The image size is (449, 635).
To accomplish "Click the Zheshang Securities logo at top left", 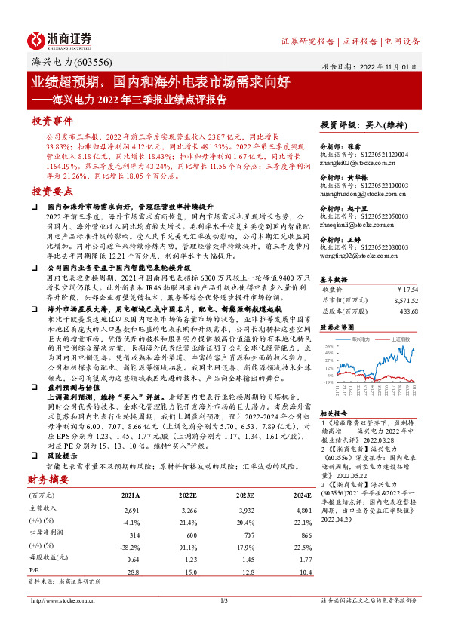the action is pos(60,40).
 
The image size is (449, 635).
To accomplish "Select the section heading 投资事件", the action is pos(52,121).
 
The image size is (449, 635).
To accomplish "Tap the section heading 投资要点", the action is pos(52,192).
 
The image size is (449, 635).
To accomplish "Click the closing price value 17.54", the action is pos(408,288).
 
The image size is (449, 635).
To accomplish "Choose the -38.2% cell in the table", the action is pos(131,547).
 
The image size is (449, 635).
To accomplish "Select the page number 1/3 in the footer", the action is pos(223,600).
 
